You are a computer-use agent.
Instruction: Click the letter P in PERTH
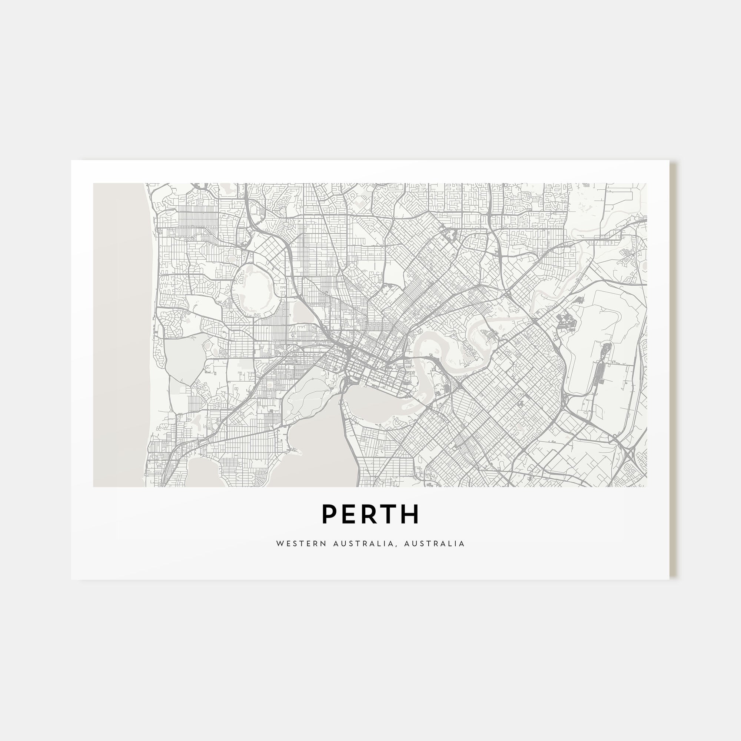(329, 514)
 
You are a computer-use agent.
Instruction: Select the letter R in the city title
(369, 514)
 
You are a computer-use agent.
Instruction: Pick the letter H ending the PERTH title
(411, 514)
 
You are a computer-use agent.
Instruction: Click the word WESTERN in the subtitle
(301, 544)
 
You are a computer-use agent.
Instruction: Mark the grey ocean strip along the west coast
(119, 334)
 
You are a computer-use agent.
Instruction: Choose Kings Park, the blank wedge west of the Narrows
(307, 388)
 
